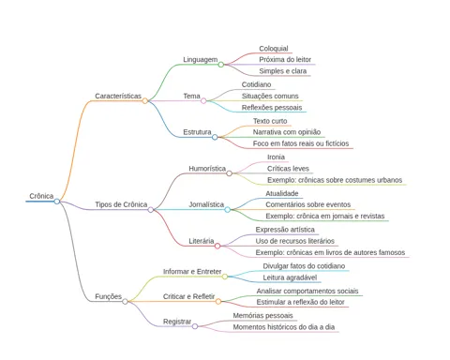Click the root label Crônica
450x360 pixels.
click(x=41, y=196)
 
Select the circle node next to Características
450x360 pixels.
click(x=145, y=101)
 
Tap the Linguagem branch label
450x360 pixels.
click(x=200, y=59)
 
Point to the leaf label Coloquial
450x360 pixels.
click(x=274, y=49)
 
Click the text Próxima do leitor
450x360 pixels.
click(x=285, y=59)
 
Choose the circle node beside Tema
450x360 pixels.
click(x=203, y=101)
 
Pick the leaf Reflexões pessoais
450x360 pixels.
click(x=272, y=108)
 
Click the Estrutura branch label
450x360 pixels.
click(x=197, y=132)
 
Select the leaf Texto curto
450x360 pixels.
click(x=270, y=121)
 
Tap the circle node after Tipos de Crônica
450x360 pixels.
click(x=151, y=210)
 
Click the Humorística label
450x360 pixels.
click(x=207, y=169)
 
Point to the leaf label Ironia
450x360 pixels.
click(x=276, y=157)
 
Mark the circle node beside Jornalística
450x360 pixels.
click(x=228, y=210)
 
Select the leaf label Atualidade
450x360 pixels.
click(x=282, y=193)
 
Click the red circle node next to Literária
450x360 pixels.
click(x=217, y=247)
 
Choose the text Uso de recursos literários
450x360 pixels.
click(x=295, y=241)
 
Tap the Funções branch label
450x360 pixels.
click(x=108, y=296)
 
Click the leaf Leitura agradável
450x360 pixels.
click(x=290, y=277)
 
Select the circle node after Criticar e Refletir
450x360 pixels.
click(x=218, y=302)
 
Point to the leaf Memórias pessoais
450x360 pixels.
click(x=262, y=316)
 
